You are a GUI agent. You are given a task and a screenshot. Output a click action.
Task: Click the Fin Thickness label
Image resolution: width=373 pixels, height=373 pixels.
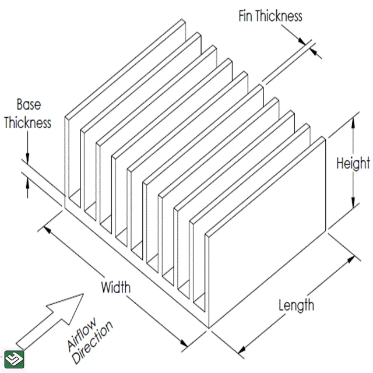pos(270,16)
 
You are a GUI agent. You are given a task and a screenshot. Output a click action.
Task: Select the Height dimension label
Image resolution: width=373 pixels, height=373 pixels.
pos(352,163)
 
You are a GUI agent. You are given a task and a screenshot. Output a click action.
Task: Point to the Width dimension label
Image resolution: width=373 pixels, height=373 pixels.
pos(116,287)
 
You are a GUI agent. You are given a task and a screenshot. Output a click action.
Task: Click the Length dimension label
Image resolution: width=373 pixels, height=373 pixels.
pos(296,305)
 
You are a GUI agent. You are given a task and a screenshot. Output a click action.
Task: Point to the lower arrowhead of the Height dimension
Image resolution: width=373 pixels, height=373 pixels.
pos(353,205)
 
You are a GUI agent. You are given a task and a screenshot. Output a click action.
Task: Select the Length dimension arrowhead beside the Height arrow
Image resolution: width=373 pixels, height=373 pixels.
pos(350,258)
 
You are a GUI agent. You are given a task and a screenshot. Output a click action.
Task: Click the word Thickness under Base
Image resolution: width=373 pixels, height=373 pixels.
pos(27,122)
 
